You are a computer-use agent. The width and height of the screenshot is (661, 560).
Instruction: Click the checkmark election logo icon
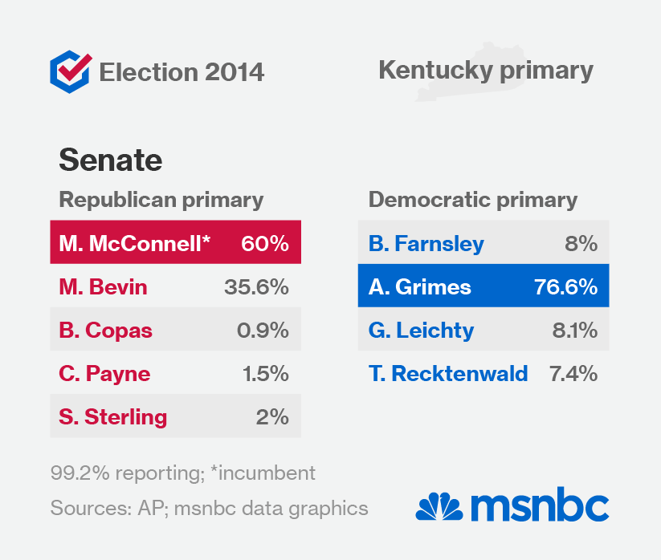[x=70, y=71]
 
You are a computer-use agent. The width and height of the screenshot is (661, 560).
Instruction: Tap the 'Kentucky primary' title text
[x=485, y=71]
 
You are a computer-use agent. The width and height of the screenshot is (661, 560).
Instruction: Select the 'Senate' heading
[x=110, y=160]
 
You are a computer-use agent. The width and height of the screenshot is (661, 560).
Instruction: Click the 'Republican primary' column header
[x=161, y=200]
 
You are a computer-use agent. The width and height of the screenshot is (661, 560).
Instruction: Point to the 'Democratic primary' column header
[x=472, y=200]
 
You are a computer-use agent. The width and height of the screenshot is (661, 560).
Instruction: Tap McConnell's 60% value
[x=264, y=243]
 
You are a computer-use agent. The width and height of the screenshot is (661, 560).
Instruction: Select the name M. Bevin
[x=103, y=286]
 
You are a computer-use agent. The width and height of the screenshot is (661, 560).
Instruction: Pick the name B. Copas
[x=105, y=330]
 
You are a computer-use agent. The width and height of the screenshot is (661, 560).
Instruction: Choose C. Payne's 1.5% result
[x=266, y=373]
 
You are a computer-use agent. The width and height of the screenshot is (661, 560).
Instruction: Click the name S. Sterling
[x=113, y=416]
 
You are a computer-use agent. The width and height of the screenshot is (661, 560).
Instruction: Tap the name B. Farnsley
[x=426, y=243]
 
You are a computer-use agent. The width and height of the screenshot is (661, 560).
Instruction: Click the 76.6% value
[x=565, y=286]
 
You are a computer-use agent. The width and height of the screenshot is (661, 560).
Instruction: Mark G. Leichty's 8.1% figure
[x=574, y=330]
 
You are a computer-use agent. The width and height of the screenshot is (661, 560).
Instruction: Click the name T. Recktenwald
[x=448, y=373]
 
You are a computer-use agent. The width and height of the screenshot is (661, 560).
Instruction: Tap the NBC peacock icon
[x=439, y=507]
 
